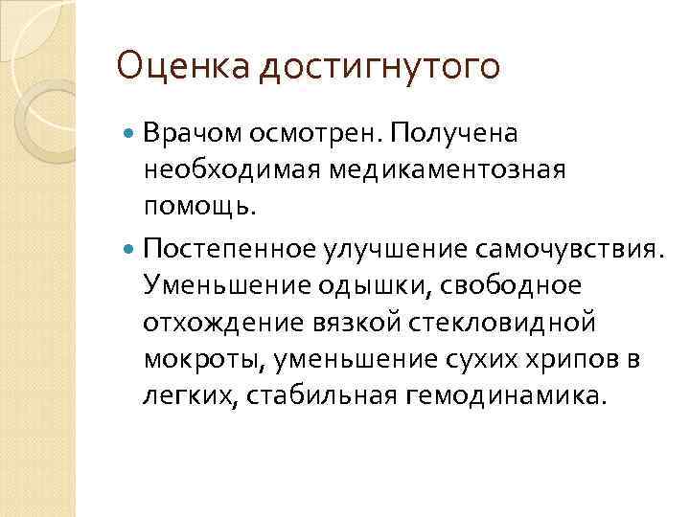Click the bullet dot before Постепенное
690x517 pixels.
(x=131, y=250)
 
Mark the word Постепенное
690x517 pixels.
(x=226, y=251)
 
